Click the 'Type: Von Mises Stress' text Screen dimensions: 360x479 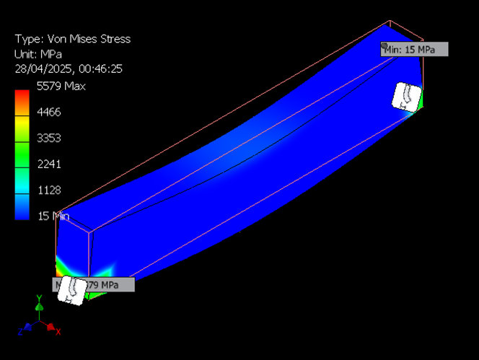coord(72,39)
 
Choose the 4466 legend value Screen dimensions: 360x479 coord(48,112)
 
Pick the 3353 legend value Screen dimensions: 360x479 coord(48,138)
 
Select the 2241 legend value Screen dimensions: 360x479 coord(48,164)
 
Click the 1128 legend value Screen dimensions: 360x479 coord(48,190)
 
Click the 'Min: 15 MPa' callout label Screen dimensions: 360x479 coord(416,49)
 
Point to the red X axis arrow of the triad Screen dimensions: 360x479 coord(51,328)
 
